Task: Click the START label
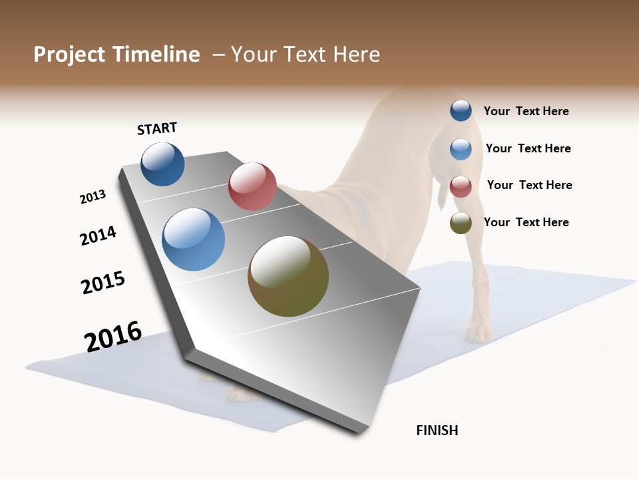[157, 128]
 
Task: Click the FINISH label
[437, 430]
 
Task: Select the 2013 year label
[93, 197]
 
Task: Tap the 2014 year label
[98, 236]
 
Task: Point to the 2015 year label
[103, 283]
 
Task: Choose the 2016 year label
[113, 337]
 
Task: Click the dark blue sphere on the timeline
[162, 164]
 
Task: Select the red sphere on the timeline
[252, 186]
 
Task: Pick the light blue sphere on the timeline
[193, 239]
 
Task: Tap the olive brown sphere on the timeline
[288, 276]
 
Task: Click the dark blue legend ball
[461, 110]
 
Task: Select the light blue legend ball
[461, 149]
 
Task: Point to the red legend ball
[461, 186]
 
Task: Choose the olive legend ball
[461, 223]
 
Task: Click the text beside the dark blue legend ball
[526, 111]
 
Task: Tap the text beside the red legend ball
[529, 185]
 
